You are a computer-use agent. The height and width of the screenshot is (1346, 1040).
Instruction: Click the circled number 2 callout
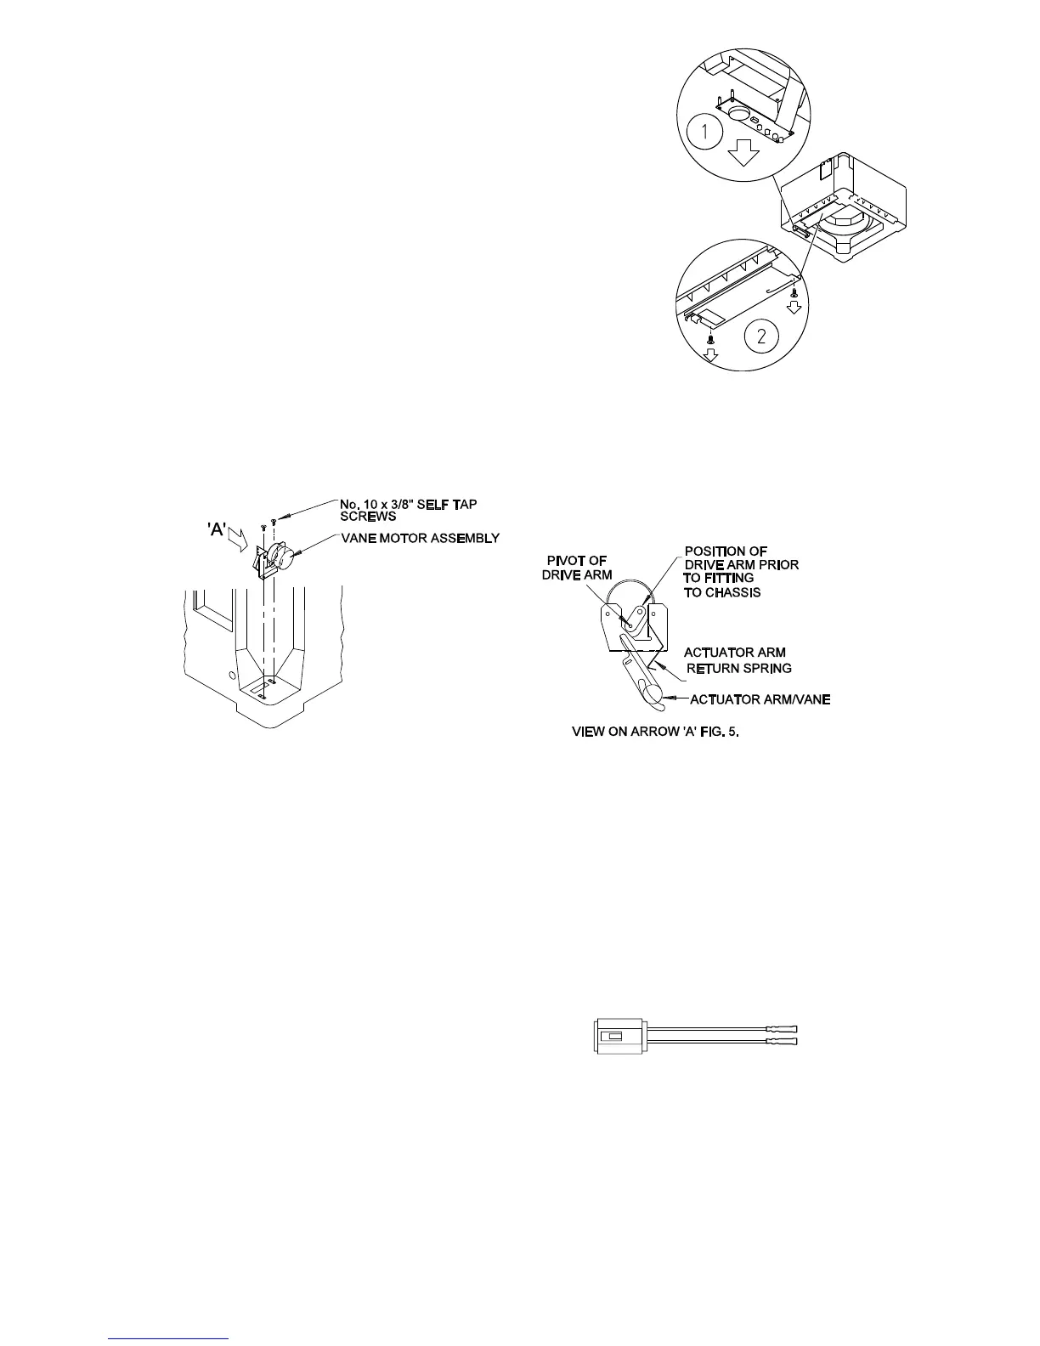[x=761, y=336]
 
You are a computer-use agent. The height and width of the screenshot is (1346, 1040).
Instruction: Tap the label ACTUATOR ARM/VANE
[x=760, y=699]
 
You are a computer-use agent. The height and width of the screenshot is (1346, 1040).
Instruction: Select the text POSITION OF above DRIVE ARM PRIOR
[x=726, y=552]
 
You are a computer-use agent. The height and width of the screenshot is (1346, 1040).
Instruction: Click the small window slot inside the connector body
[x=612, y=1037]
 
